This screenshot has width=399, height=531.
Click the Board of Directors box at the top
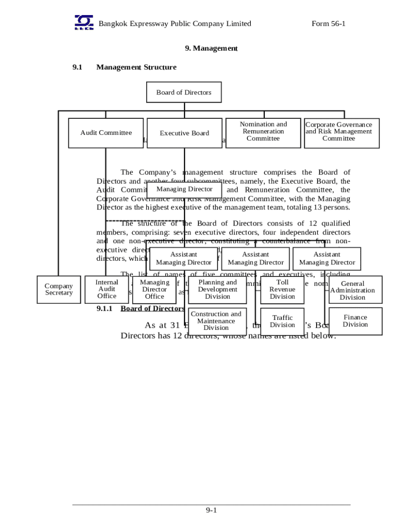[184, 92]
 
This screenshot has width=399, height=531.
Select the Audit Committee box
[106, 133]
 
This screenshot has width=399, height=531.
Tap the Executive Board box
[184, 133]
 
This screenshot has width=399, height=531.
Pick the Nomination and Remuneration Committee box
[263, 132]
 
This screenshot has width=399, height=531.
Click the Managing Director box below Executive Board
[184, 189]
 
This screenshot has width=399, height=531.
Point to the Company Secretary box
[59, 289]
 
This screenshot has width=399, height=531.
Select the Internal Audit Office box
[107, 289]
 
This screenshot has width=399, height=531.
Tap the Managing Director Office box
[154, 289]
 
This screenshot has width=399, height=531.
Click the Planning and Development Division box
[217, 289]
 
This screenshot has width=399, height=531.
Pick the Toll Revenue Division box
[282, 289]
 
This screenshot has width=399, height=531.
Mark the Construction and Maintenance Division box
[216, 321]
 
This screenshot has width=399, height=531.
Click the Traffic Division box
[282, 321]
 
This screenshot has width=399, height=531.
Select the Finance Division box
[355, 321]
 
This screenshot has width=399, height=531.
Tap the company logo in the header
[84, 22]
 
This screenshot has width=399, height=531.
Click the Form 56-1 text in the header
[329, 24]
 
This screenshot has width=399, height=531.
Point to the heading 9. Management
[211, 48]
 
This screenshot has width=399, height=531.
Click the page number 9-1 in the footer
[211, 511]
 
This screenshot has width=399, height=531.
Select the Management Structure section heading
[136, 67]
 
